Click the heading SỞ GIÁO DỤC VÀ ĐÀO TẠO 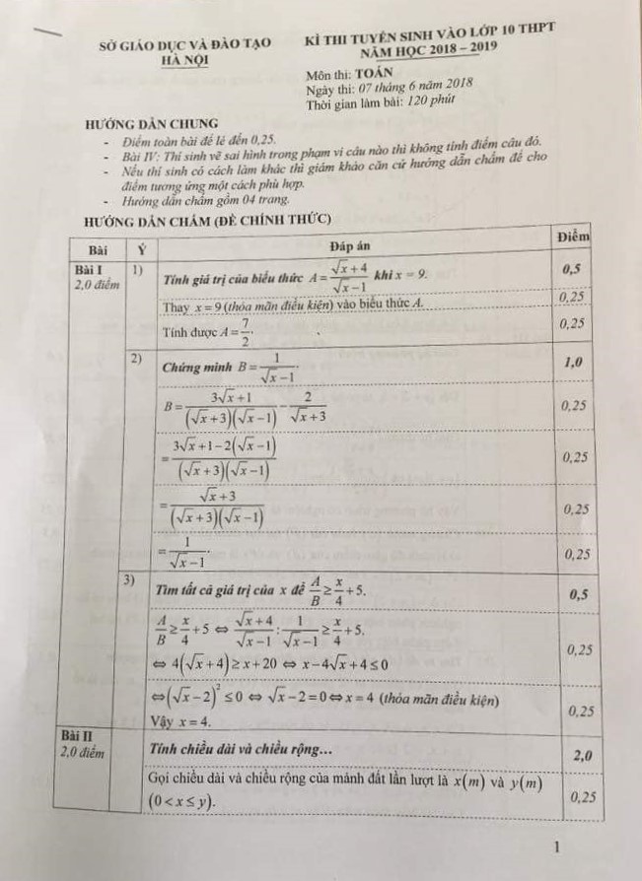(181, 45)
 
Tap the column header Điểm (572, 237)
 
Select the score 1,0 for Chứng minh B (572, 364)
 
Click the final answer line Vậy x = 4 (188, 721)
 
